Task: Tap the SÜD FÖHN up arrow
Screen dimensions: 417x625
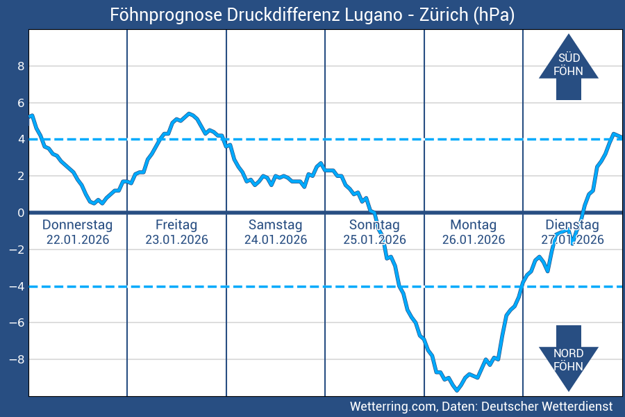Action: pyautogui.click(x=568, y=65)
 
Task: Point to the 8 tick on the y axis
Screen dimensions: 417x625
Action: pyautogui.click(x=21, y=67)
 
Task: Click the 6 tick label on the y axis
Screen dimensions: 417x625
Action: pyautogui.click(x=21, y=103)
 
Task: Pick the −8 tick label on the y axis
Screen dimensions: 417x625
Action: pyautogui.click(x=17, y=359)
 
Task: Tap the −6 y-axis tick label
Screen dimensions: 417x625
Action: pyautogui.click(x=17, y=322)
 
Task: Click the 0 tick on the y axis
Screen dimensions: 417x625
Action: pyautogui.click(x=21, y=213)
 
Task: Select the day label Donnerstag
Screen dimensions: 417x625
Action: pyautogui.click(x=77, y=225)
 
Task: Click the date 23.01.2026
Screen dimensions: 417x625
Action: pyautogui.click(x=176, y=240)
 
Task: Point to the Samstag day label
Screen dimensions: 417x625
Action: pyautogui.click(x=275, y=225)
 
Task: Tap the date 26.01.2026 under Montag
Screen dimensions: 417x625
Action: pyautogui.click(x=473, y=240)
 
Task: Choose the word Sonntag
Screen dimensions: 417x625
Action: pyautogui.click(x=374, y=225)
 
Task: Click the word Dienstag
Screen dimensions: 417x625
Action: pyautogui.click(x=572, y=225)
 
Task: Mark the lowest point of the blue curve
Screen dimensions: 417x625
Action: pyautogui.click(x=456, y=390)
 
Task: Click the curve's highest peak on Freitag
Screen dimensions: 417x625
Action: pyautogui.click(x=190, y=113)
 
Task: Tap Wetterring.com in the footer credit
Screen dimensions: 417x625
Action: pyautogui.click(x=392, y=406)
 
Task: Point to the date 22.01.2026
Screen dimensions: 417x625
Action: pyautogui.click(x=77, y=240)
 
